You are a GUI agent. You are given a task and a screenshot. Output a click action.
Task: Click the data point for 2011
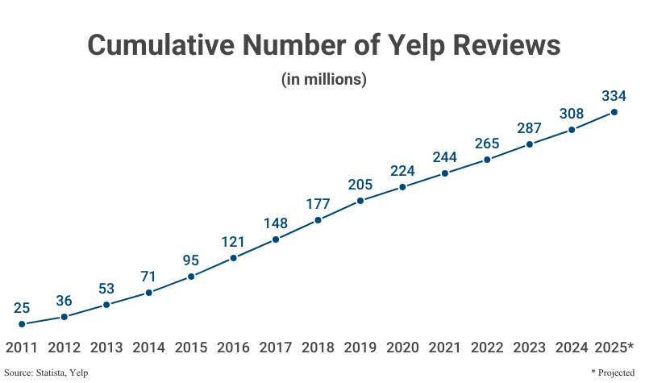tap(22, 324)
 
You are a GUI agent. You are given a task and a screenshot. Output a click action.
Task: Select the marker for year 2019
tap(360, 200)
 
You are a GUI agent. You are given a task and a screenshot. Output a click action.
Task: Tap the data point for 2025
tap(614, 112)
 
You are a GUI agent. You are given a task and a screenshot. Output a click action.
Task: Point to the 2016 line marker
tap(233, 258)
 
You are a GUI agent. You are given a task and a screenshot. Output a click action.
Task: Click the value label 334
tap(614, 95)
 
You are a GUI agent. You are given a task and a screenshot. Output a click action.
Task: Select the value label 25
tap(22, 307)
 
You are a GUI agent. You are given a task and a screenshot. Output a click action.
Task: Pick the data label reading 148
tap(276, 223)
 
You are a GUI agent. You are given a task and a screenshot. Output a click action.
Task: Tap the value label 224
tap(402, 169)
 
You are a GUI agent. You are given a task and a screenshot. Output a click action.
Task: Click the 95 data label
tap(191, 260)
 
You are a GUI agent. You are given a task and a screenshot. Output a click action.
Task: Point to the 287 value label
tap(530, 127)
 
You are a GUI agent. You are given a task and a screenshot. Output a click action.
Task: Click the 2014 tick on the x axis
tap(148, 348)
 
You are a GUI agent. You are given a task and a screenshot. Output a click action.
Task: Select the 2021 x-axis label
tap(445, 348)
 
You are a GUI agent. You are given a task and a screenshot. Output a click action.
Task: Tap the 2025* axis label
tap(614, 348)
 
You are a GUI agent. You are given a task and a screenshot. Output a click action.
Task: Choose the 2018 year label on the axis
tap(318, 348)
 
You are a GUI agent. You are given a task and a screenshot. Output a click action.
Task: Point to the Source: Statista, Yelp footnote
tap(46, 373)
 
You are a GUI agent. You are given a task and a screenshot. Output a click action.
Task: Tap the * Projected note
tap(615, 373)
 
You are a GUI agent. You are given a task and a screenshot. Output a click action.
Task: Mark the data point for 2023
tap(530, 144)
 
